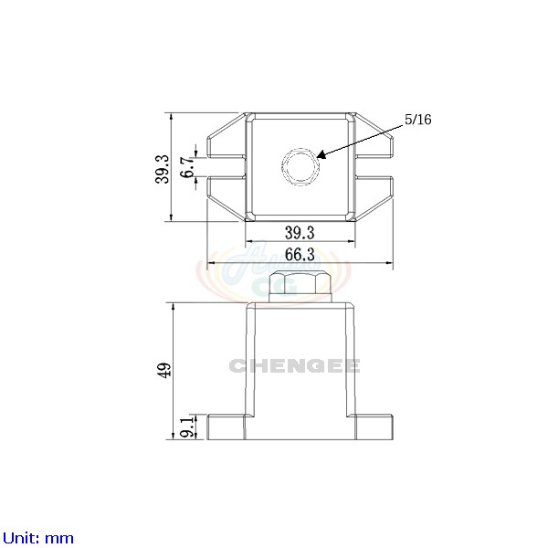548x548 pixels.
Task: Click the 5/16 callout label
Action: click(x=417, y=120)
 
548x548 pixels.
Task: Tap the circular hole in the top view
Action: click(x=298, y=166)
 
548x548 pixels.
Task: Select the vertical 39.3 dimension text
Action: click(x=162, y=167)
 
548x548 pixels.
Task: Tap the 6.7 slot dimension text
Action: click(x=187, y=167)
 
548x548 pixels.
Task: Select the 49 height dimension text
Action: click(x=164, y=370)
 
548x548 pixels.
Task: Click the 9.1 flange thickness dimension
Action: click(x=186, y=427)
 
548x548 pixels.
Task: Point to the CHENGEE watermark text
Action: click(x=294, y=366)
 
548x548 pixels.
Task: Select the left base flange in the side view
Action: click(x=227, y=427)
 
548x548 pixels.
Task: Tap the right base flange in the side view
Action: click(x=373, y=427)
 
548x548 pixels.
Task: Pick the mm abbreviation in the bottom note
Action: click(x=60, y=538)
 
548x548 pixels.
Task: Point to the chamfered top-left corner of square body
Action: click(x=251, y=117)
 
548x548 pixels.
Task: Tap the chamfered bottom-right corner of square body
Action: click(x=349, y=216)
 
